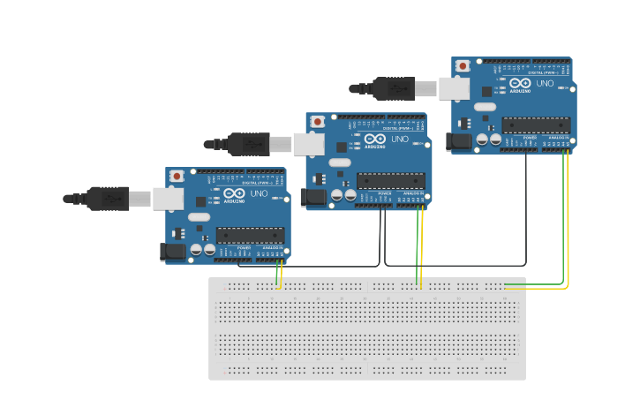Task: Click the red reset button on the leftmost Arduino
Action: coord(177,176)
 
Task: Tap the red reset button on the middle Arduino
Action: coord(318,121)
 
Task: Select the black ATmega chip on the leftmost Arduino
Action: coord(250,236)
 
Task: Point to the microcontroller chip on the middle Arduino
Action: coord(390,181)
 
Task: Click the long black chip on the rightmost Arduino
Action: coord(535,125)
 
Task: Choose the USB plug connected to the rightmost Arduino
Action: coord(394,88)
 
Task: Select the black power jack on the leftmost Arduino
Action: coord(173,252)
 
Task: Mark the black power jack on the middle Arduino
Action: coord(313,198)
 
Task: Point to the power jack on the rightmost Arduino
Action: coord(459,140)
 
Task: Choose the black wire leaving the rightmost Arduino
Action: coord(527,212)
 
